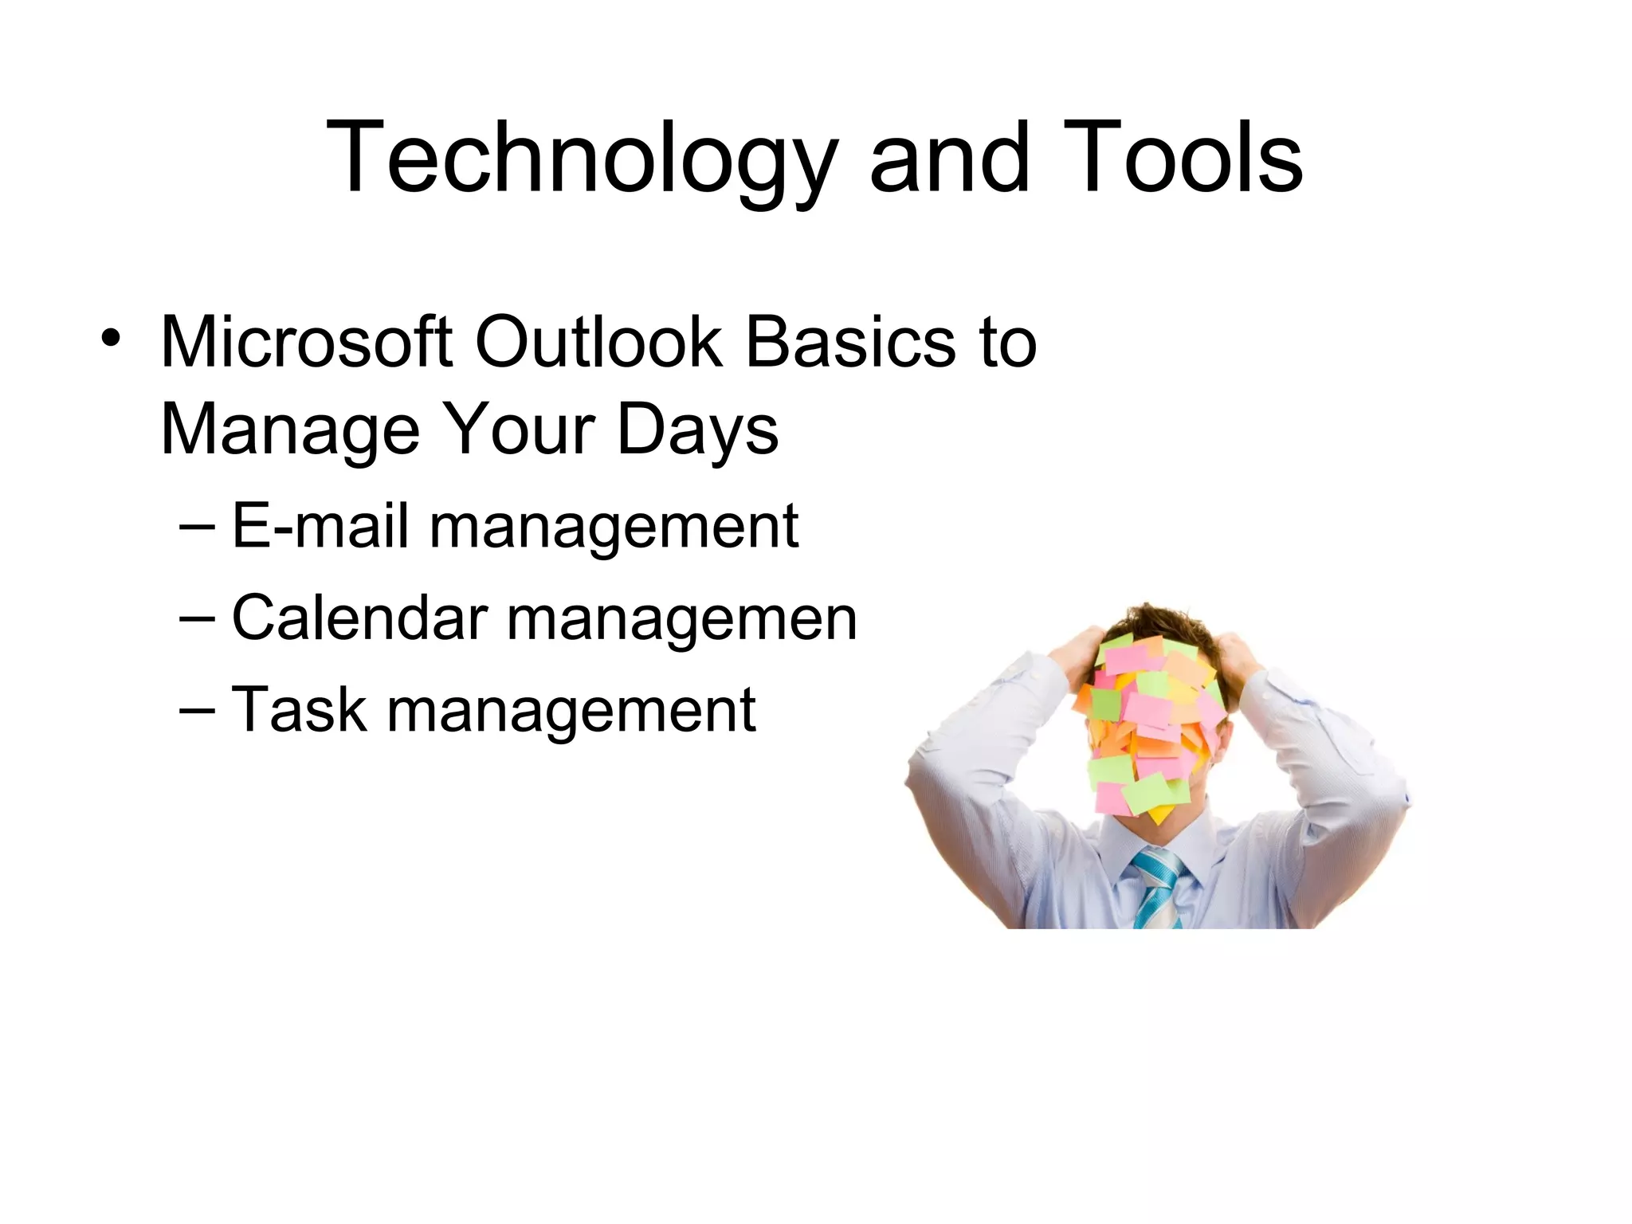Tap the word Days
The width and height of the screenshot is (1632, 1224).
pos(697,431)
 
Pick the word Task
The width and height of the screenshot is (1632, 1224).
pos(299,709)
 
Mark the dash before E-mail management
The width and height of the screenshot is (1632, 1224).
pos(198,528)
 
